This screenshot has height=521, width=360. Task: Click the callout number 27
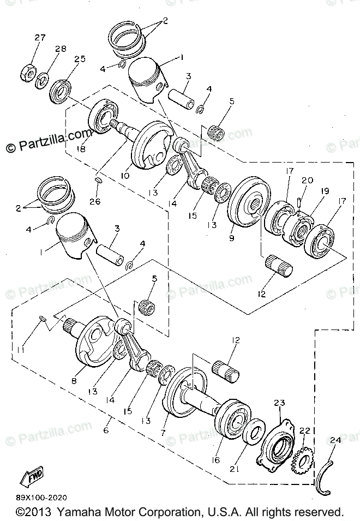(x=40, y=38)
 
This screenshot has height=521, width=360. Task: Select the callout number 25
(x=80, y=59)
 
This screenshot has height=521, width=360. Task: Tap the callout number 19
(x=325, y=191)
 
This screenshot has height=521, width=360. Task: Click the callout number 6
(x=106, y=430)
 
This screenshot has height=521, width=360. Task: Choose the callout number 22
(x=304, y=431)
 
